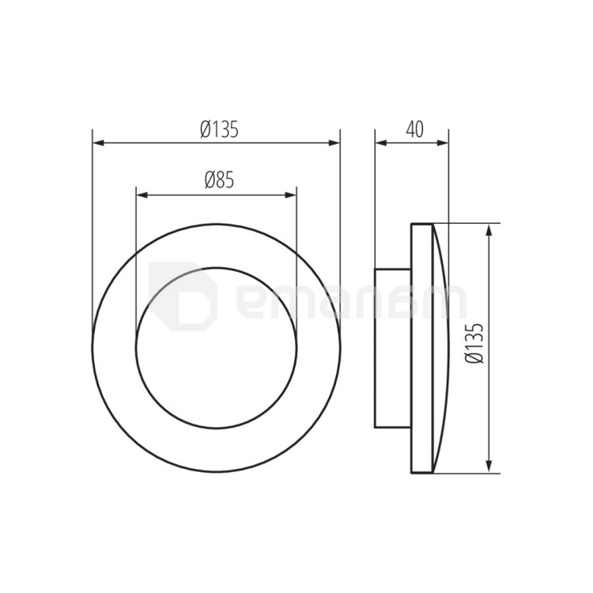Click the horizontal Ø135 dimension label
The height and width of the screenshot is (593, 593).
[x=219, y=129]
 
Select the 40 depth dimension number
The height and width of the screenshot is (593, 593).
[x=414, y=129]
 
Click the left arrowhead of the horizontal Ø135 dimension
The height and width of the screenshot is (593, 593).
[x=99, y=143]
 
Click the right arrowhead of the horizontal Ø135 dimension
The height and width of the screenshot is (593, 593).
[x=334, y=143]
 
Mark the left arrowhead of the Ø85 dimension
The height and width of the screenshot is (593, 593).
[x=142, y=195]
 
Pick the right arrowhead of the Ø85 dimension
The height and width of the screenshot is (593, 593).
[x=291, y=195]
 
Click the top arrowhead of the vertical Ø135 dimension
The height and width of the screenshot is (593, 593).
[x=490, y=230]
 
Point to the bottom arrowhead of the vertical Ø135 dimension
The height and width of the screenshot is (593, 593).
[x=490, y=467]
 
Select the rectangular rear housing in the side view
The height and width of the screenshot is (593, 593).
[x=392, y=348]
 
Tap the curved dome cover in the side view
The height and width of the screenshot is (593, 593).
[x=440, y=348]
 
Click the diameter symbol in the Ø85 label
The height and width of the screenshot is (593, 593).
[x=210, y=180]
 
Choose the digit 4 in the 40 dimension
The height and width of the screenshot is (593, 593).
[x=409, y=129]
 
